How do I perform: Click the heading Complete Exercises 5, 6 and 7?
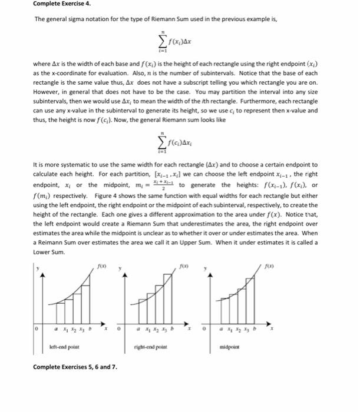coord(75,367)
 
